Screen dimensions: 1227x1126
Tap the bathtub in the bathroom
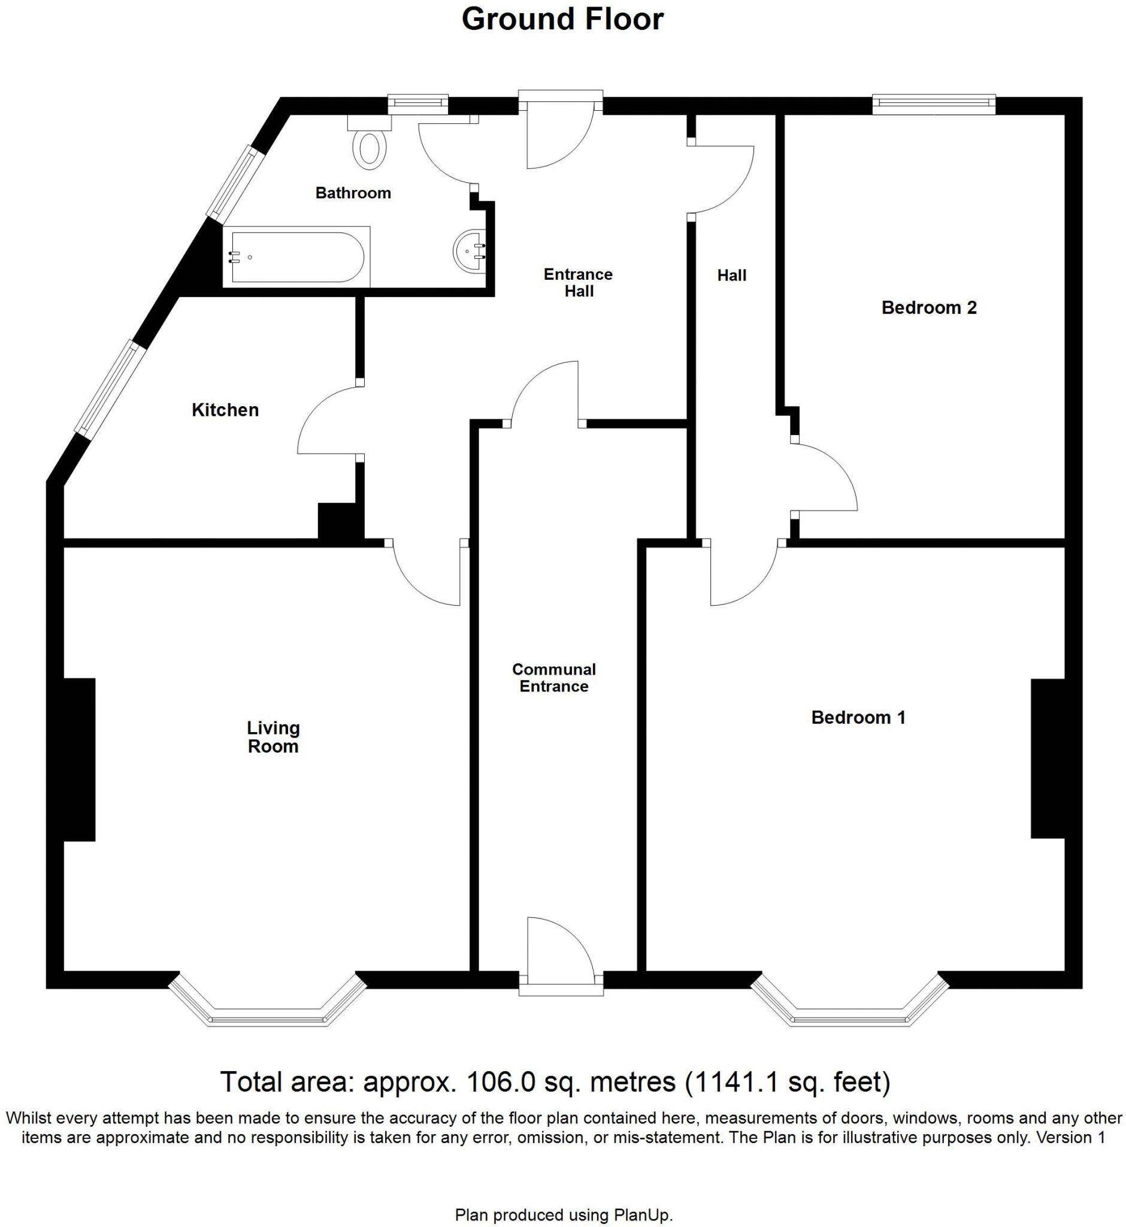(x=296, y=256)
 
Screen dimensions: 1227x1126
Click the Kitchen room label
(x=225, y=410)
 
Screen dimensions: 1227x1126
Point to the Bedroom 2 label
(x=928, y=308)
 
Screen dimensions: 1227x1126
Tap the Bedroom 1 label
(x=858, y=717)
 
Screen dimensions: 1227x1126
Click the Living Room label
(x=273, y=737)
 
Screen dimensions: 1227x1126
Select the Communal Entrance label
(x=553, y=678)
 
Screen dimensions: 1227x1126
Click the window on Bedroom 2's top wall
(x=933, y=104)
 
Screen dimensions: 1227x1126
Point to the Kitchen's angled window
(x=110, y=389)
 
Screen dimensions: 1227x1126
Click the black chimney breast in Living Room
(x=79, y=760)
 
